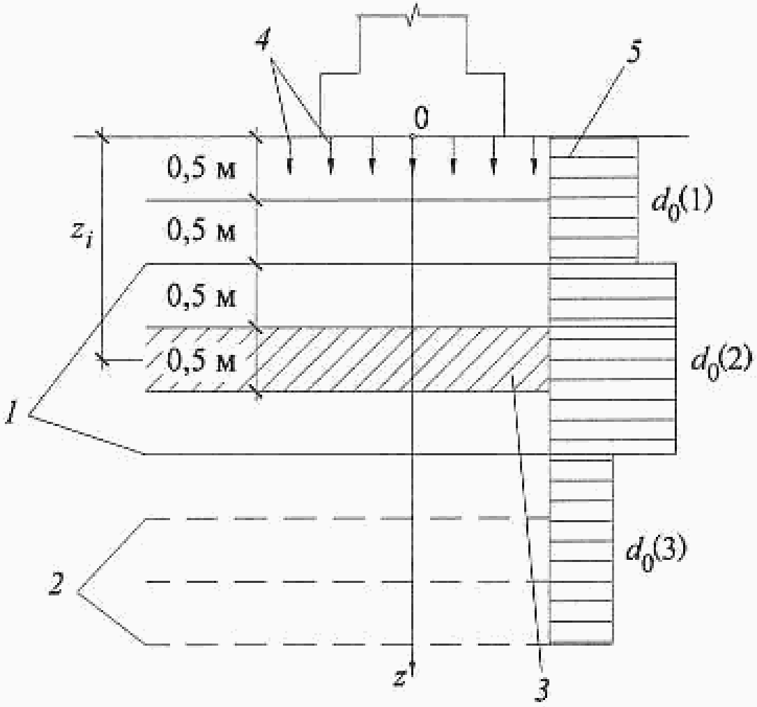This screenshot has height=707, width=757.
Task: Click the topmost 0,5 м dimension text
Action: (203, 169)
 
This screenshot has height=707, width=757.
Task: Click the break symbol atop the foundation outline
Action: (413, 12)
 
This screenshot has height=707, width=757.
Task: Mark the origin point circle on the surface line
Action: (413, 137)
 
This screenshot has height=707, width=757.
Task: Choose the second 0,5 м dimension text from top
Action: (203, 232)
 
